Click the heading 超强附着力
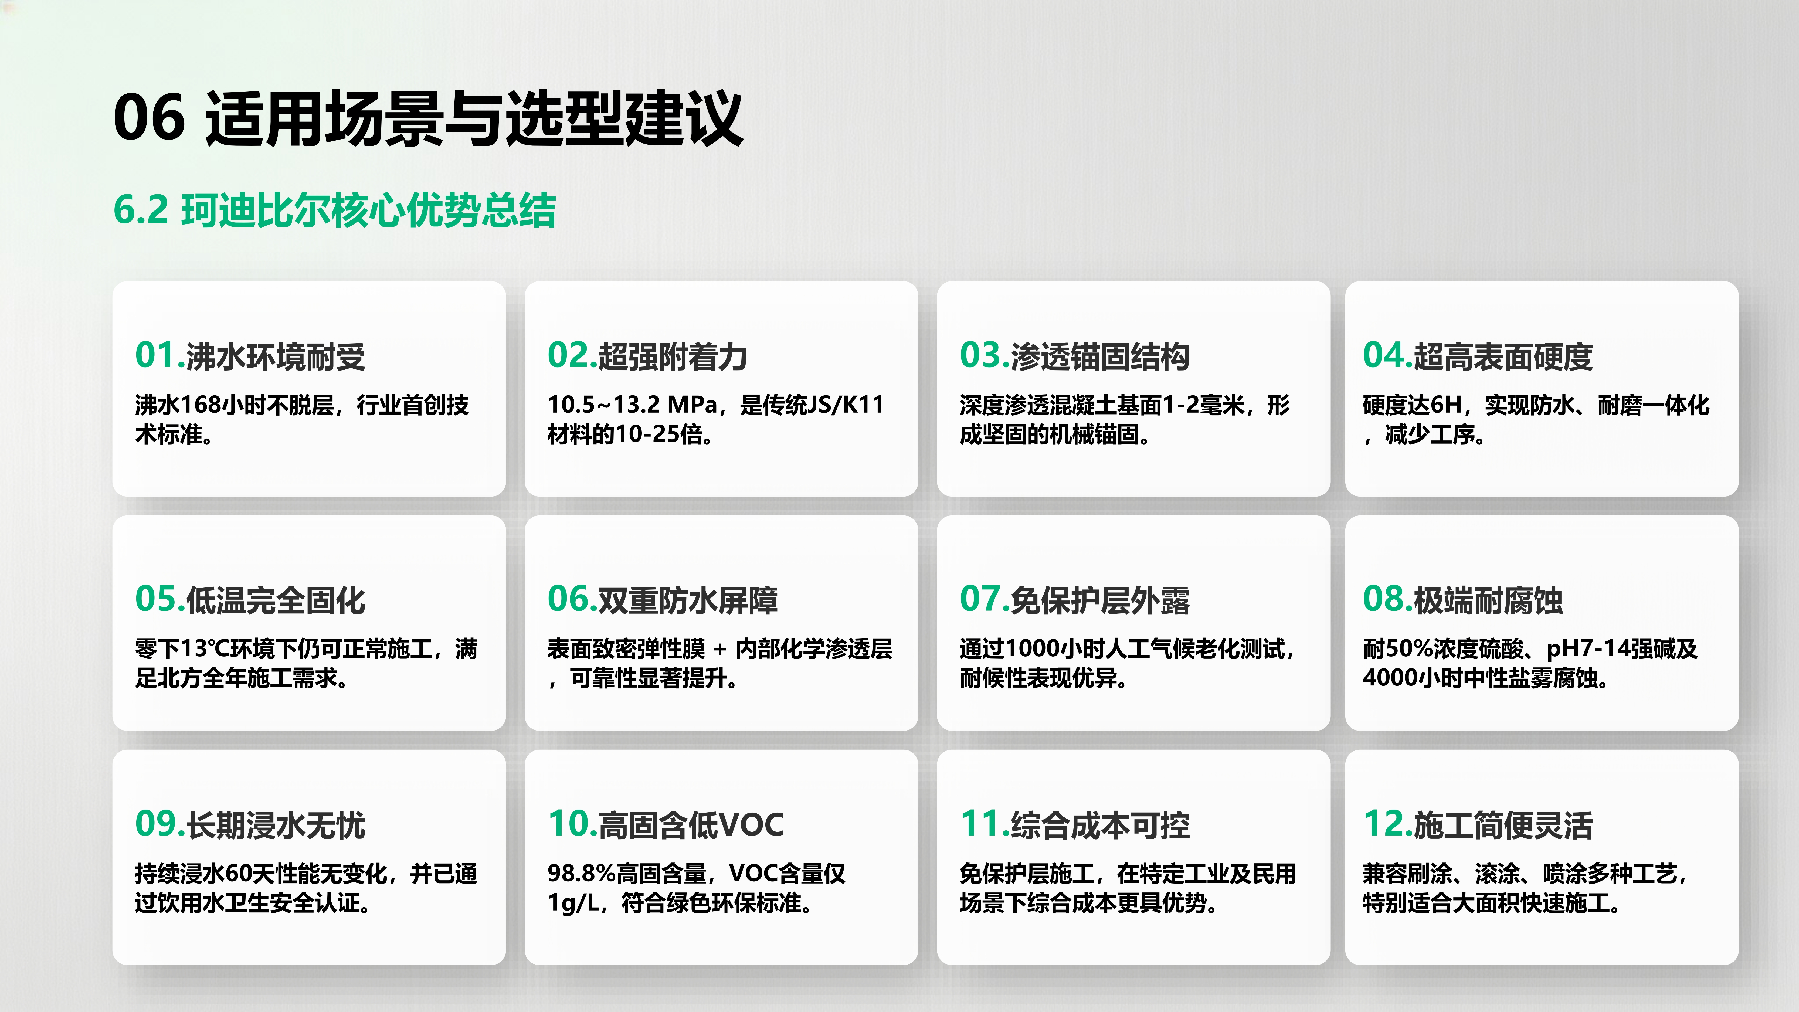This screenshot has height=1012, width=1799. (673, 357)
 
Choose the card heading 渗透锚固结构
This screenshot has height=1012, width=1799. (1100, 357)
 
